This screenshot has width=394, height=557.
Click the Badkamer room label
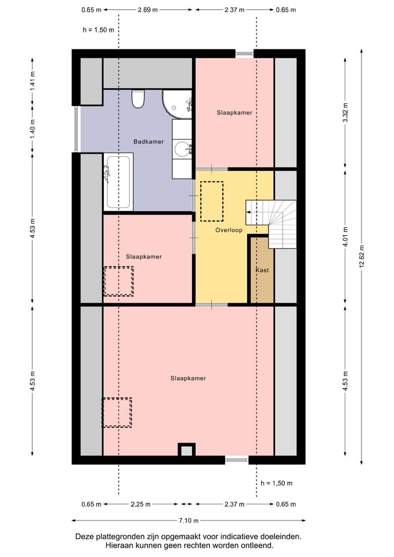149,142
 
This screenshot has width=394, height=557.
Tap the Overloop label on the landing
229,230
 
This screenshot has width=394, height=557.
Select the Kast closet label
262,270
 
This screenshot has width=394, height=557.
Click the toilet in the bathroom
138,99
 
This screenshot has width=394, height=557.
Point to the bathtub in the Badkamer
118,182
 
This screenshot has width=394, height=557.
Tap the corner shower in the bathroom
177,104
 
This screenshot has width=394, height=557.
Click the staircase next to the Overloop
272,224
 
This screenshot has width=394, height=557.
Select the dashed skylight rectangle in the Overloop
212,201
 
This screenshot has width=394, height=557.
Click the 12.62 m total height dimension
362,257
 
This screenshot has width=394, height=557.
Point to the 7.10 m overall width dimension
189,520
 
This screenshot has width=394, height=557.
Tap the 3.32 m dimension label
345,112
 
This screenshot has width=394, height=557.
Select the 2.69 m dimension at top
148,10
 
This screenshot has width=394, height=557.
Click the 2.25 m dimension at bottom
140,504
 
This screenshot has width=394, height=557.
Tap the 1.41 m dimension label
32,81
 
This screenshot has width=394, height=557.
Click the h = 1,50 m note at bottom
276,483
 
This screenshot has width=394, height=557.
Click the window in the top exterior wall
244,53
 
